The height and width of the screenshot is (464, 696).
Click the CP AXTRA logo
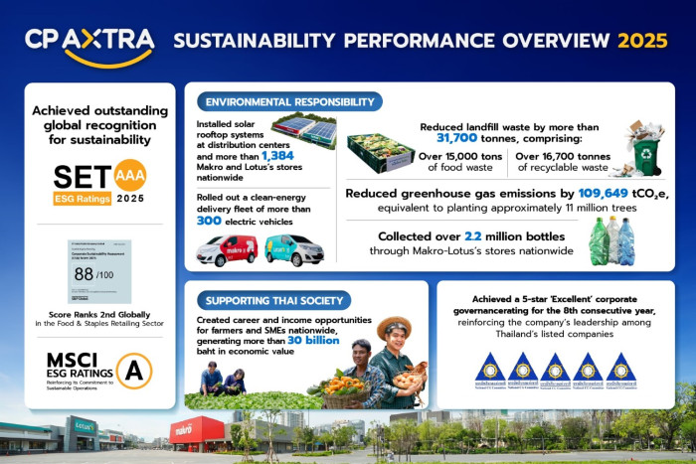[x=89, y=42]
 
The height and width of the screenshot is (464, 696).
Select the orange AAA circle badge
[x=130, y=176]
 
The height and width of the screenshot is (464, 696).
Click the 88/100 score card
[x=98, y=271]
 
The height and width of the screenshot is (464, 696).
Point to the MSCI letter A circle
[x=133, y=371]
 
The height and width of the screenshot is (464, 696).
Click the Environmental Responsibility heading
[x=288, y=101]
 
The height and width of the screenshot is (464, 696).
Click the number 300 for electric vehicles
[x=210, y=222]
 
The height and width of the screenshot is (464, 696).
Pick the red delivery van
[x=226, y=249]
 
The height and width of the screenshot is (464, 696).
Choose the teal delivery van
[x=293, y=249]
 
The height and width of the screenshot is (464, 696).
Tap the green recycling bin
[x=646, y=156]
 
